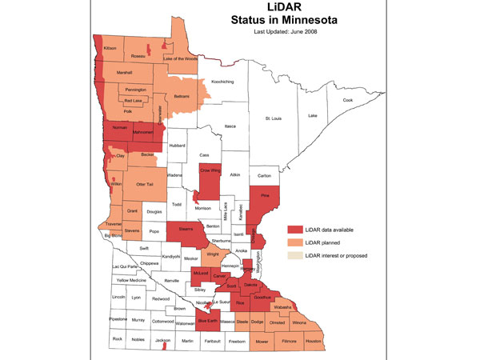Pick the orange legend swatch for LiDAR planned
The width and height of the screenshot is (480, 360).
point(296,242)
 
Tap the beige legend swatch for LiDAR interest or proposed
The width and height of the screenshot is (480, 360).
point(296,255)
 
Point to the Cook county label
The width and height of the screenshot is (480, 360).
point(348,100)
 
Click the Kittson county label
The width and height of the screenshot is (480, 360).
point(110,48)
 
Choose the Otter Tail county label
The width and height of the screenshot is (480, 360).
point(146,184)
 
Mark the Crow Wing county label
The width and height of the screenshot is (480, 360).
point(209,171)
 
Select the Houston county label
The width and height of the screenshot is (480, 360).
point(313,341)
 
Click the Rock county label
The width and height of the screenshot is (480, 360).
point(117,339)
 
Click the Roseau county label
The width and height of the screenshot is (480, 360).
point(139,56)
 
